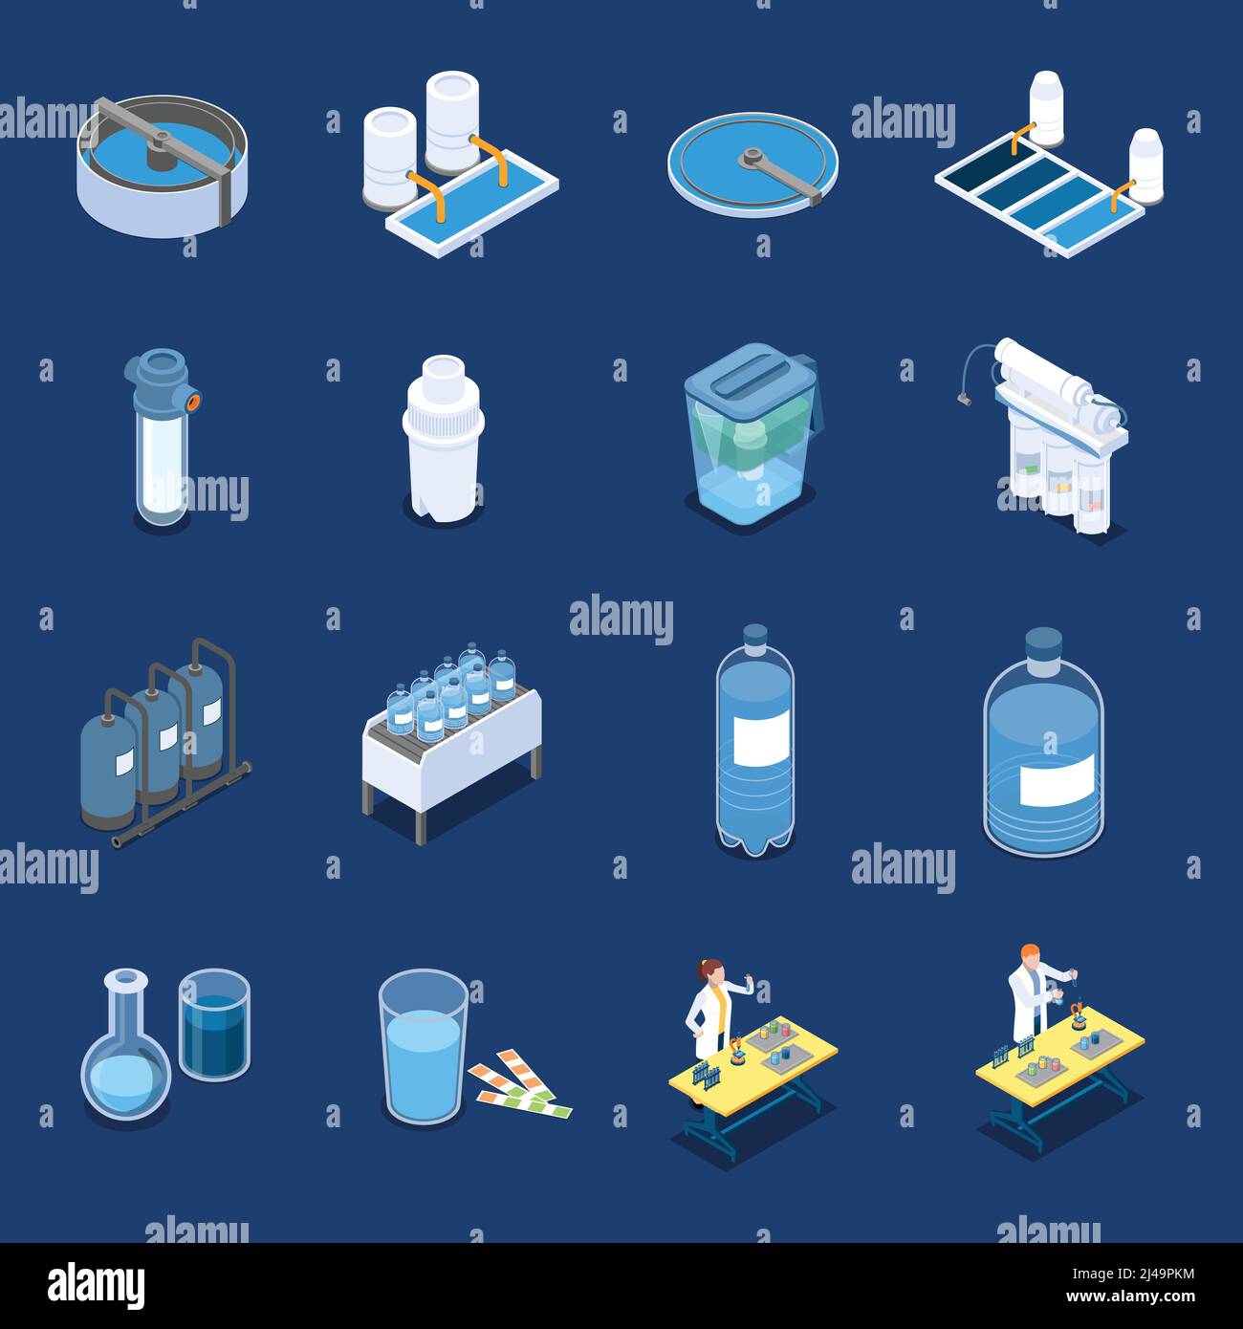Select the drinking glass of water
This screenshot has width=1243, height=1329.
(423, 1051)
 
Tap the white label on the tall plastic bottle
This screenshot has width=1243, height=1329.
(760, 738)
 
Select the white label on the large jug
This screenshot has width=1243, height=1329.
(1056, 779)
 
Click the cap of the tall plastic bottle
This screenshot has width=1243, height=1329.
(755, 635)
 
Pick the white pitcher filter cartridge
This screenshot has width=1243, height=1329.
(441, 440)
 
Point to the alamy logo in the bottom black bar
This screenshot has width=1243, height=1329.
(96, 1285)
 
